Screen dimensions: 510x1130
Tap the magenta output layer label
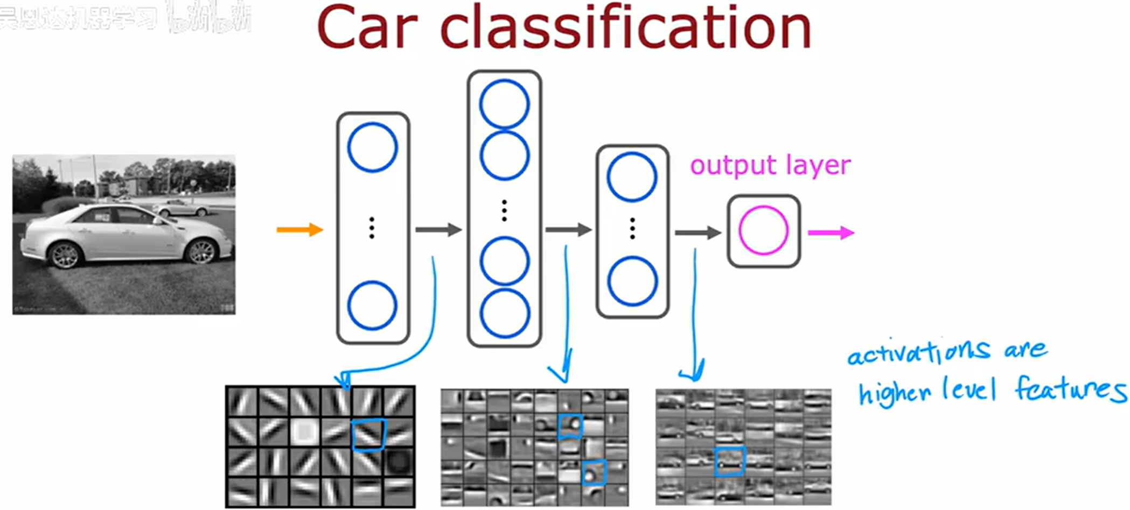click(770, 165)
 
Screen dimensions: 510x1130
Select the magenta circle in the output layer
click(763, 230)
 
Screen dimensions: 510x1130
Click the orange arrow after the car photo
click(299, 230)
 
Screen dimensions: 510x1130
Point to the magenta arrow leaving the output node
click(831, 232)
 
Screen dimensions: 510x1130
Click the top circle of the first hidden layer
click(372, 147)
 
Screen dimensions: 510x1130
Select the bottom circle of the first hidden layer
click(372, 305)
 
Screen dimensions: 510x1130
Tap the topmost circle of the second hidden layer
click(504, 104)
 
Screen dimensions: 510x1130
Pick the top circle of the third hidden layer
click(632, 177)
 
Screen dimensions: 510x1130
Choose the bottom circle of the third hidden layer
click(632, 281)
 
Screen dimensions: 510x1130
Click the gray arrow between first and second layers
click(438, 230)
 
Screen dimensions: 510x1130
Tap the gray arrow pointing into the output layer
click(698, 232)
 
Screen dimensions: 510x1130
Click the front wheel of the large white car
click(202, 251)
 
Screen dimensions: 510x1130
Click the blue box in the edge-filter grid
click(368, 434)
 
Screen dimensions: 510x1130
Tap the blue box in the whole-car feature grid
click(730, 462)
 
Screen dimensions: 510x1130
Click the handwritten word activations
click(918, 352)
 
